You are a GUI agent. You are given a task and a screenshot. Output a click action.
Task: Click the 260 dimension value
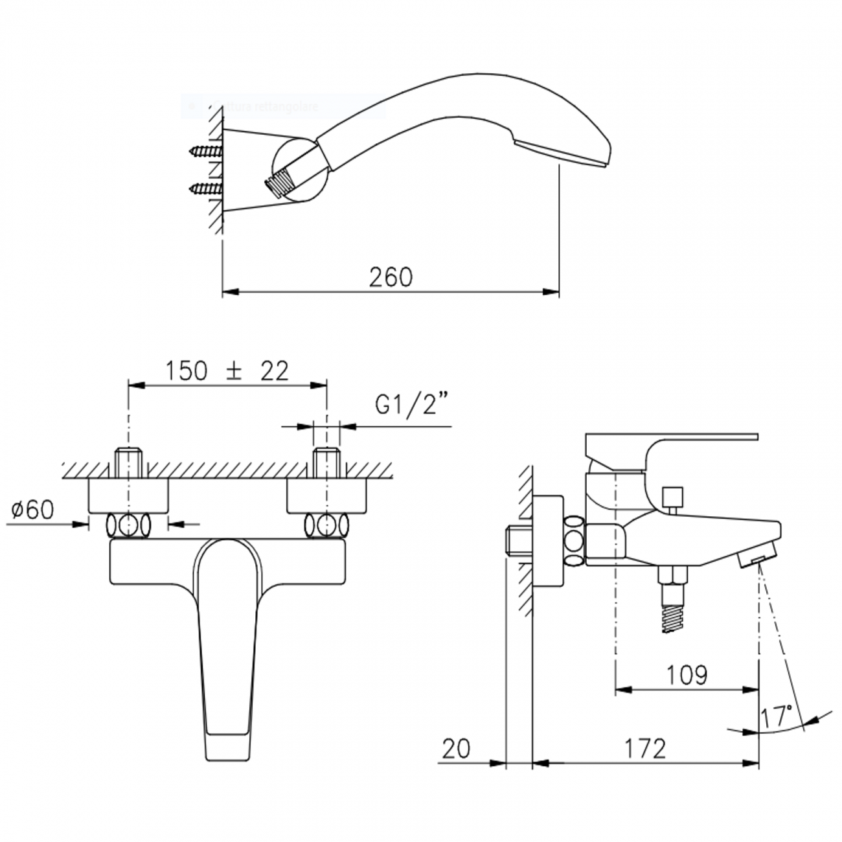tap(391, 277)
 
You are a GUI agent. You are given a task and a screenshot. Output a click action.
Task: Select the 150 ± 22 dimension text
tap(226, 371)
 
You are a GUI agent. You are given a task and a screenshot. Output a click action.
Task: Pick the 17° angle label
tap(777, 716)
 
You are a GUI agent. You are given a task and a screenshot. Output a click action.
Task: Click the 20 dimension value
tap(457, 749)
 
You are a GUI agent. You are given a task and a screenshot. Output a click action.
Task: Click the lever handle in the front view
tap(224, 648)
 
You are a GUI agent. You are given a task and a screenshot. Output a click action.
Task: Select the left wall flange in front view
tap(128, 496)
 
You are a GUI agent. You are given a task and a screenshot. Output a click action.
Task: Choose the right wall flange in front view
tap(326, 496)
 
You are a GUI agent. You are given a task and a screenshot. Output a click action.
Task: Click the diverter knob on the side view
tap(672, 498)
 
